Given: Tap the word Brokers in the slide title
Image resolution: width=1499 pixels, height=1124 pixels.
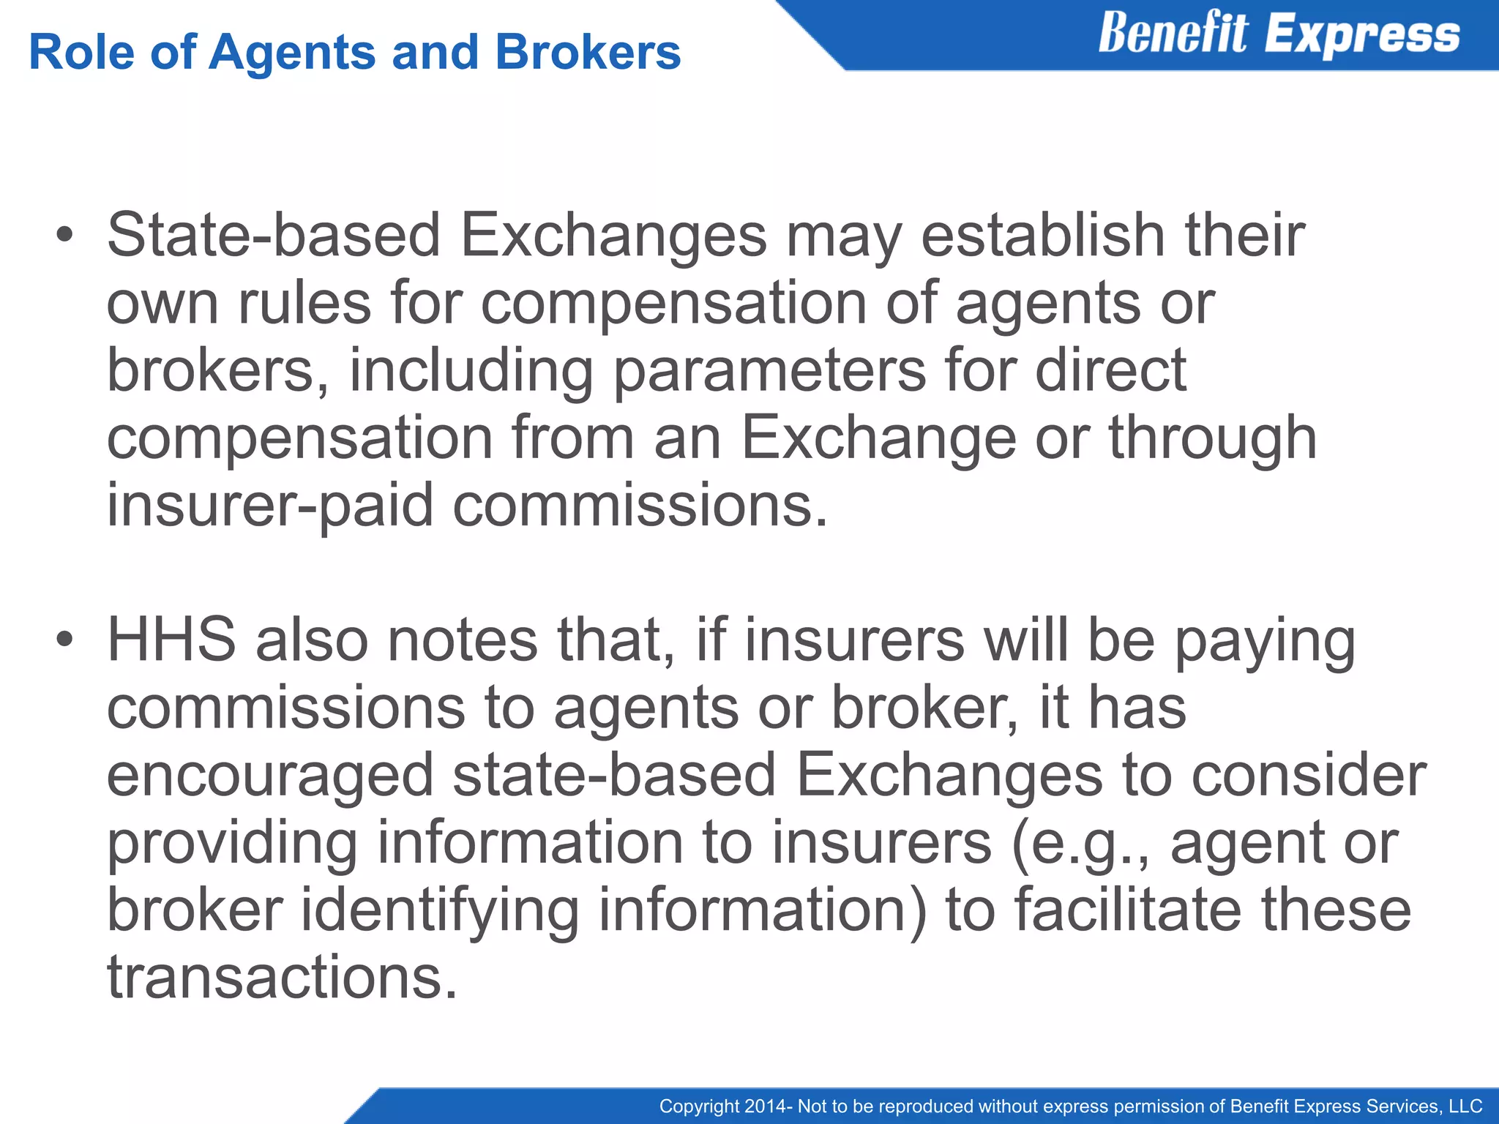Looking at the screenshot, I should [588, 53].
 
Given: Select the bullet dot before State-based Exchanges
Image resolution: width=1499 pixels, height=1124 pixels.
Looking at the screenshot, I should [65, 235].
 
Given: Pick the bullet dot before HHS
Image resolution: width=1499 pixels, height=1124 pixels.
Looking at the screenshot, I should [65, 640].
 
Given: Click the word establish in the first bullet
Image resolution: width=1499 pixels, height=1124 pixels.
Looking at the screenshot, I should [1042, 235].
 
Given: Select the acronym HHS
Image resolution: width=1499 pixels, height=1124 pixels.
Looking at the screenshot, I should [171, 640].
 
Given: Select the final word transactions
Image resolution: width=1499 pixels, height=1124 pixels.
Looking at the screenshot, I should [282, 978].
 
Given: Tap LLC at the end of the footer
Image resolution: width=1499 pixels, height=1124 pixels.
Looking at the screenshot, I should [1465, 1106].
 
